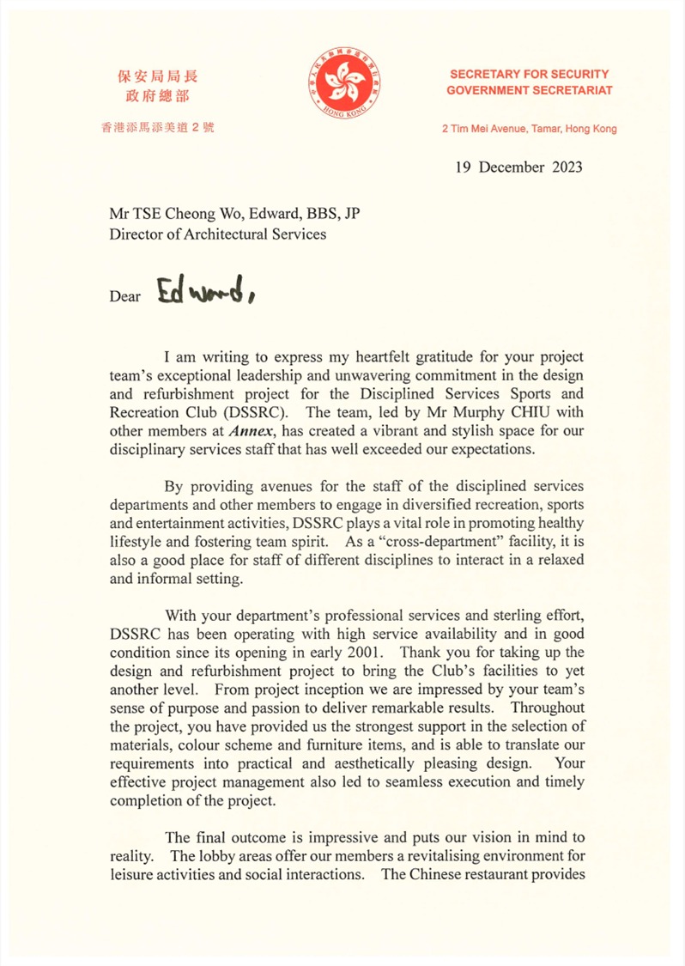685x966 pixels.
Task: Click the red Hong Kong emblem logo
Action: tap(342, 88)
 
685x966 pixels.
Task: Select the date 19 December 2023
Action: tap(518, 167)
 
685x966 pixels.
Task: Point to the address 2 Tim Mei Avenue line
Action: tap(529, 129)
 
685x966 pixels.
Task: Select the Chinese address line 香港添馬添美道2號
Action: tap(158, 129)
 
